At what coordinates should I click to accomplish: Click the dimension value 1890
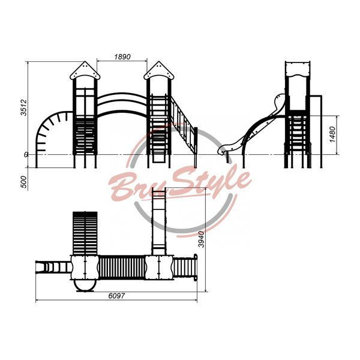click(122, 56)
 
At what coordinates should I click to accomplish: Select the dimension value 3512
click(23, 107)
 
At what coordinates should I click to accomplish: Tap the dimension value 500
click(23, 182)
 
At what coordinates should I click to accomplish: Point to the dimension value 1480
click(332, 134)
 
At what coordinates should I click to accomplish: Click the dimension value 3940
click(201, 239)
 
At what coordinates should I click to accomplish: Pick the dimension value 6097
click(116, 296)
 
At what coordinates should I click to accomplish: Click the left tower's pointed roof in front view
click(85, 70)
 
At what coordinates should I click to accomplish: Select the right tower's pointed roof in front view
click(159, 70)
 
